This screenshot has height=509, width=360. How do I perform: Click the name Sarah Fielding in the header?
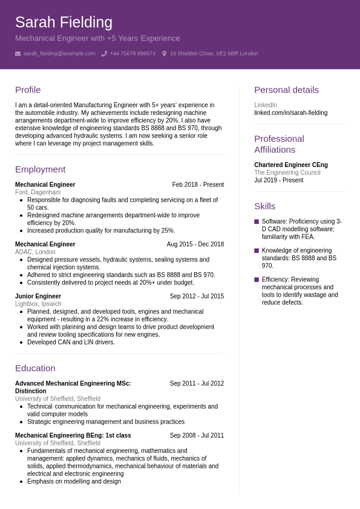[x=64, y=22]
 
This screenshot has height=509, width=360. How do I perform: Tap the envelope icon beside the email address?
[x=18, y=53]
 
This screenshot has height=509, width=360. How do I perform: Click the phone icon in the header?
[x=104, y=53]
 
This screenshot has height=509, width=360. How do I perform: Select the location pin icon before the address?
[x=164, y=53]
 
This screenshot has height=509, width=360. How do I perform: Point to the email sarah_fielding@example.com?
[x=59, y=53]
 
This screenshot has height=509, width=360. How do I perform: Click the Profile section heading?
[x=28, y=90]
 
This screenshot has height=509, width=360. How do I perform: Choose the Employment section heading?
[x=40, y=169]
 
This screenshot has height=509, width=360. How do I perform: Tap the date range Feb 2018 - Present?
[x=198, y=185]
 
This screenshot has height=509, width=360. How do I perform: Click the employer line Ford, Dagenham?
[x=38, y=192]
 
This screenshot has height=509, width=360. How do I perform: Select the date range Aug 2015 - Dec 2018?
[x=195, y=245]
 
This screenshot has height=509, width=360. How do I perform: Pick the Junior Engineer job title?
[x=38, y=296]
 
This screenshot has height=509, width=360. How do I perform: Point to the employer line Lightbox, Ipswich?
[x=38, y=304]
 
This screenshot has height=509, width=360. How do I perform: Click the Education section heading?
[x=35, y=368]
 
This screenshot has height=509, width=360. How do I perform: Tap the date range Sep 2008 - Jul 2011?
[x=197, y=435]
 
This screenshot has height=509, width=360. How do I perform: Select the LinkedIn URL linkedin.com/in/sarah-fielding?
[x=290, y=113]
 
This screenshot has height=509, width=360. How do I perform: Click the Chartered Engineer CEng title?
[x=291, y=165]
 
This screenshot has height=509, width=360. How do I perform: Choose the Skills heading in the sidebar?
[x=264, y=206]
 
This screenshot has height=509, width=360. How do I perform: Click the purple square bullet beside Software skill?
[x=257, y=222]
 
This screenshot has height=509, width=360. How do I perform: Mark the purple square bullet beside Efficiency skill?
[x=257, y=280]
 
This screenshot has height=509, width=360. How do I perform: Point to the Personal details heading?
[x=286, y=90]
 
